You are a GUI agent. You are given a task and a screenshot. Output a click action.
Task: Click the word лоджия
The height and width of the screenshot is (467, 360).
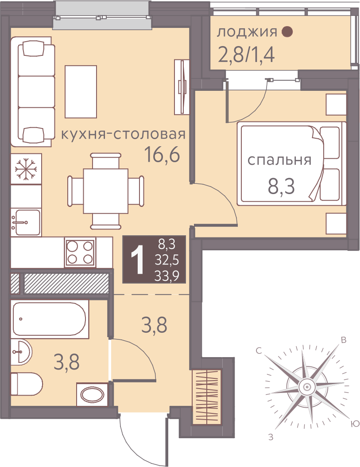(247, 32)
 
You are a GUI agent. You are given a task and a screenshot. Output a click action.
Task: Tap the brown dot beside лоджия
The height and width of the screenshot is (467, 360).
(287, 31)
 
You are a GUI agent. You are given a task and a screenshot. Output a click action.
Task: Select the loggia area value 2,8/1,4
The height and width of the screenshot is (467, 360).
(246, 55)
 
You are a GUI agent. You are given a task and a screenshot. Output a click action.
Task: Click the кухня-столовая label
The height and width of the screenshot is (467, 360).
(123, 135)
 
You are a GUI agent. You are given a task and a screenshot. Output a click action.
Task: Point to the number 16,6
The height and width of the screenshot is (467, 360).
(162, 155)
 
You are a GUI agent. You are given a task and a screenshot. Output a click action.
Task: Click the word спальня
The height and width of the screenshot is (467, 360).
(279, 160)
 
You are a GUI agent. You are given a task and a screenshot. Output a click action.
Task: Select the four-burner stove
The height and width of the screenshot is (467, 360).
(80, 253)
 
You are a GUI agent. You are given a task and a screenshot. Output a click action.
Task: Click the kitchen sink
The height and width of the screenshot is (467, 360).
(26, 222)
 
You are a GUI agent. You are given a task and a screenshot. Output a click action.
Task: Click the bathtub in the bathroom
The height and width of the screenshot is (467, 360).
(50, 319)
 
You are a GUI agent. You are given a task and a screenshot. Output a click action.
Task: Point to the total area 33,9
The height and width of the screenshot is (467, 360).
(166, 276)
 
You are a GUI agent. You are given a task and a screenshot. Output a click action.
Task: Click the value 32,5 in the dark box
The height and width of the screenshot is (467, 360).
(167, 261)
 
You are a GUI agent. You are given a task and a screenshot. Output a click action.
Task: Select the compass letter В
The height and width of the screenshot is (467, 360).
(343, 340)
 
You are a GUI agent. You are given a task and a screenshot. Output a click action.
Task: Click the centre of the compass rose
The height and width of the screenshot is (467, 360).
(306, 387)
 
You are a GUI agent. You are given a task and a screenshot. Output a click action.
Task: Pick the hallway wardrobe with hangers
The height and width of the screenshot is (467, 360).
(207, 397)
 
